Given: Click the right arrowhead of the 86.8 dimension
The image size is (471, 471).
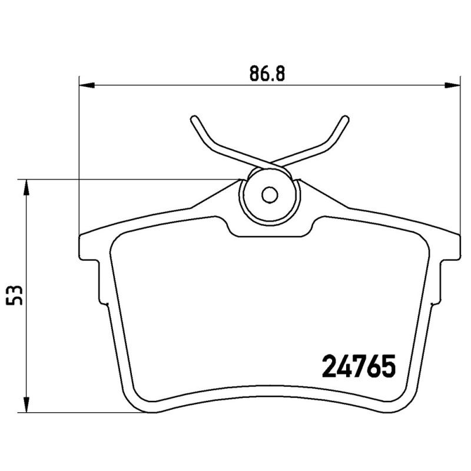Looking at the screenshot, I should tap(453, 86).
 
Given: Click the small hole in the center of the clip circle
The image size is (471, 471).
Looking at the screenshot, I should tap(270, 194).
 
